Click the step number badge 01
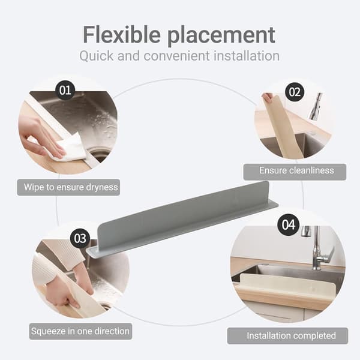(65, 90)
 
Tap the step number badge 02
(295, 92)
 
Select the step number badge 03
(80, 238)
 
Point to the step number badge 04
(289, 224)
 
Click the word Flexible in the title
(122, 35)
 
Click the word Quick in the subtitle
(97, 56)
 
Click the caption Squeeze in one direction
(80, 331)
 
